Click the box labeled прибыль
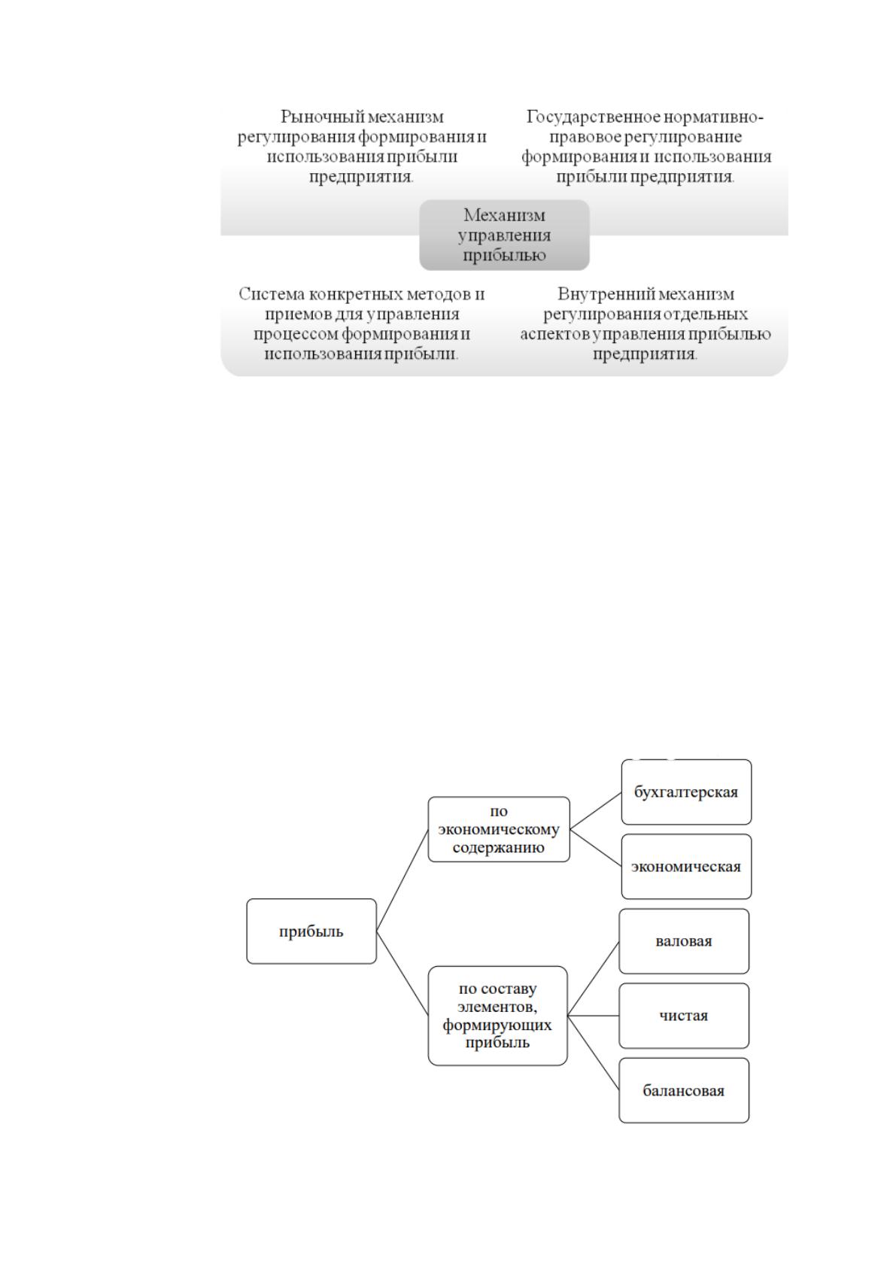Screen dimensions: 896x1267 tap(311, 931)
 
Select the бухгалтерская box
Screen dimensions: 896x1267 tap(686, 791)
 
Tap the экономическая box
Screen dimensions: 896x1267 tap(686, 867)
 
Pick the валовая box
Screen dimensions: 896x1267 tap(684, 941)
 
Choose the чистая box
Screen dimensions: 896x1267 tap(684, 1016)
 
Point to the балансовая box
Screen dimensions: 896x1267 tap(684, 1090)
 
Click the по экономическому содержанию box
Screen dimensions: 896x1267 tap(499, 829)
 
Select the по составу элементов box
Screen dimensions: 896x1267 tap(498, 1016)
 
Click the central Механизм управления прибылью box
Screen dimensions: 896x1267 tap(505, 235)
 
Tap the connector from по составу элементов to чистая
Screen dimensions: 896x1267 tap(594, 1016)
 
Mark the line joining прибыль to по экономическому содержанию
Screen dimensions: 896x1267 tap(402, 880)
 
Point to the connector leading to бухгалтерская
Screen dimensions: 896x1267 tap(596, 810)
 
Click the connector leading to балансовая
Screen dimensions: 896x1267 tap(594, 1053)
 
